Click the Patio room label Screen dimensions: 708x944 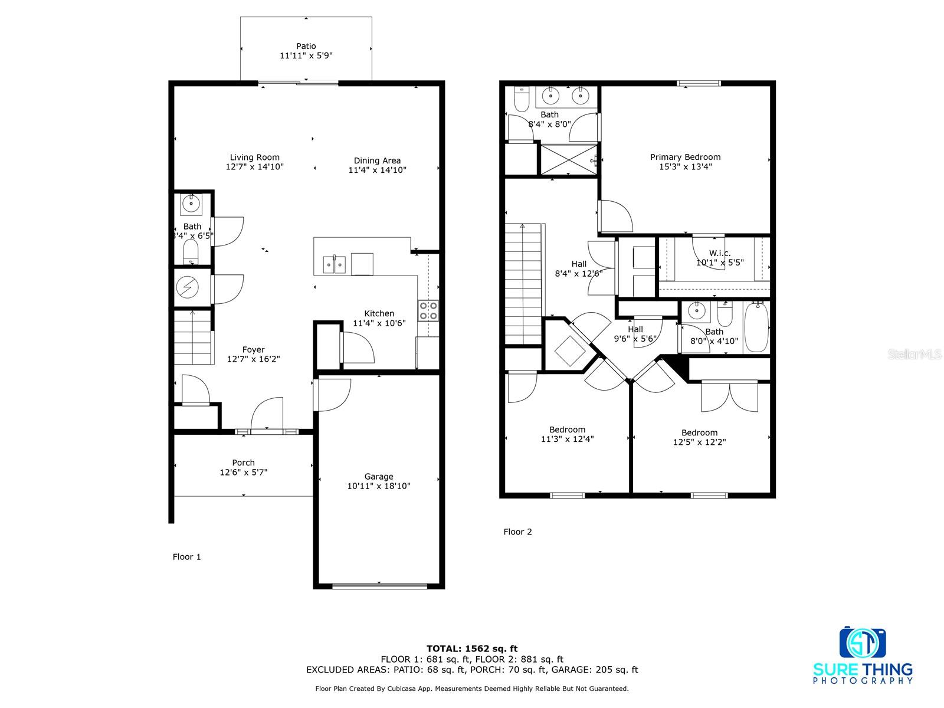[x=306, y=46]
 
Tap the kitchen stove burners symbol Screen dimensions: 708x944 [x=428, y=310]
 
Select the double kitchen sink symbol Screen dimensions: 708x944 [x=334, y=264]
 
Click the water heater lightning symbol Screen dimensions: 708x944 [x=188, y=287]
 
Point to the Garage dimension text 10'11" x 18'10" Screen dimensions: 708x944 [x=379, y=486]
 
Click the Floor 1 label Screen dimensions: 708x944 [x=186, y=557]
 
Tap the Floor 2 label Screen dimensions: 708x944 [x=517, y=532]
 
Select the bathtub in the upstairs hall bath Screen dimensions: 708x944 [x=756, y=327]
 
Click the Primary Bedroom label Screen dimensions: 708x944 [x=685, y=157]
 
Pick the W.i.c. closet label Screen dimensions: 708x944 [x=720, y=253]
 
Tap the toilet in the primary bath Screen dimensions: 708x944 [x=521, y=101]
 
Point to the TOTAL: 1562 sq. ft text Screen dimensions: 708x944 [x=472, y=648]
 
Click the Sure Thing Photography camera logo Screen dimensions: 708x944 [x=863, y=644]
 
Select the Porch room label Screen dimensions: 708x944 [x=243, y=463]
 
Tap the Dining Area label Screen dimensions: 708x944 [x=377, y=160]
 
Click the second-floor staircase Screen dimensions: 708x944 [x=523, y=284]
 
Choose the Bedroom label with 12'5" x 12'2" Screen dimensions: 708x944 [x=699, y=432]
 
